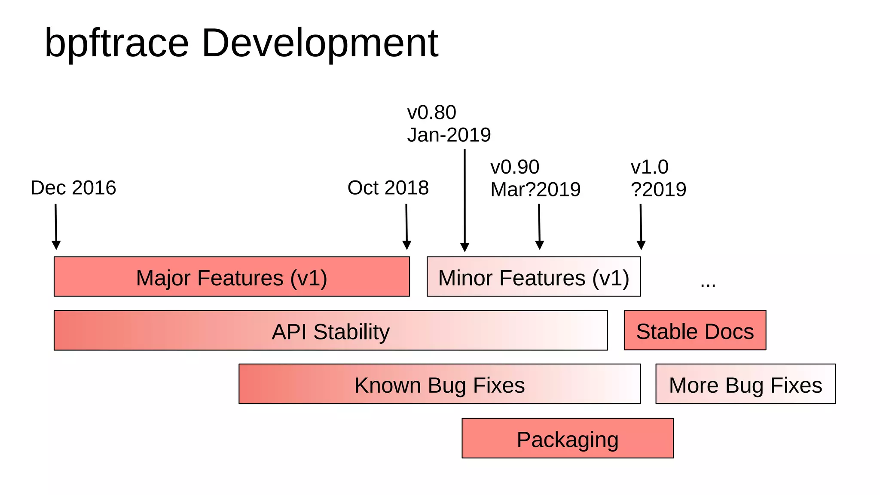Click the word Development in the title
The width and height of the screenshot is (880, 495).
320,43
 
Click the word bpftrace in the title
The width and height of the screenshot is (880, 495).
116,43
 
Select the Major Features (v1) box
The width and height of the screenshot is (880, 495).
232,277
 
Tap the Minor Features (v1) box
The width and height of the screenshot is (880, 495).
534,277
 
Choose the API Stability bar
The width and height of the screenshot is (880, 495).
330,330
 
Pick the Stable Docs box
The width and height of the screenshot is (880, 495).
695,330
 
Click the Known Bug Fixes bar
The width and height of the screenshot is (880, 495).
440,384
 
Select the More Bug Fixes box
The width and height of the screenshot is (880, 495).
746,384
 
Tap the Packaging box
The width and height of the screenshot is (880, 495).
568,438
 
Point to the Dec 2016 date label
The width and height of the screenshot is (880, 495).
73,188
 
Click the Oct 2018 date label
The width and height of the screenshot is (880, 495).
388,188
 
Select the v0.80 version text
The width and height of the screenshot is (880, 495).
431,113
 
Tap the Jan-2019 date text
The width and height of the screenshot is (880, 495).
449,135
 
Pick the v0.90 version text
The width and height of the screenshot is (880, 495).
515,167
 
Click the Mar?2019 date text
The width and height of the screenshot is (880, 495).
535,189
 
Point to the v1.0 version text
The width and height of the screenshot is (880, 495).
649,167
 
